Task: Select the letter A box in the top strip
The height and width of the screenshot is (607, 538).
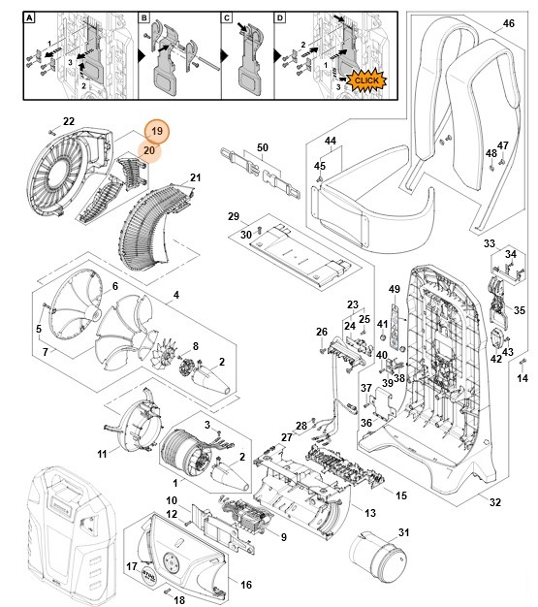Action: click(x=29, y=17)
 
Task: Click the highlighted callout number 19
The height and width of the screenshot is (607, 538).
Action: click(x=157, y=131)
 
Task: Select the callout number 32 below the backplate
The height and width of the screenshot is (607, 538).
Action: click(x=494, y=502)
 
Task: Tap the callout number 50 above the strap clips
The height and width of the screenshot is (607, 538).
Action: click(x=262, y=147)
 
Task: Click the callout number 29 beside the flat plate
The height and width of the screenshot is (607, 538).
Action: click(x=233, y=215)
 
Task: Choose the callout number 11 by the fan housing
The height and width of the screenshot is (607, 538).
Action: click(x=103, y=454)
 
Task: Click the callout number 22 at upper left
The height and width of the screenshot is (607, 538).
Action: click(x=69, y=121)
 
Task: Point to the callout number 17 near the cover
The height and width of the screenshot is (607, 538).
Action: click(x=133, y=566)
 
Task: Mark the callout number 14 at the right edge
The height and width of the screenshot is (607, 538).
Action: click(x=522, y=377)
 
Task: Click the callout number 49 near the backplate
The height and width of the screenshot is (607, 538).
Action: click(x=395, y=289)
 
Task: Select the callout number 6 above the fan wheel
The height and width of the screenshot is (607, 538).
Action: click(x=115, y=286)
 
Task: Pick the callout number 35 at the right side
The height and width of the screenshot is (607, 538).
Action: click(x=519, y=310)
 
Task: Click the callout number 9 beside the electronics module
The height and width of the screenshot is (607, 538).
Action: click(x=283, y=537)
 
